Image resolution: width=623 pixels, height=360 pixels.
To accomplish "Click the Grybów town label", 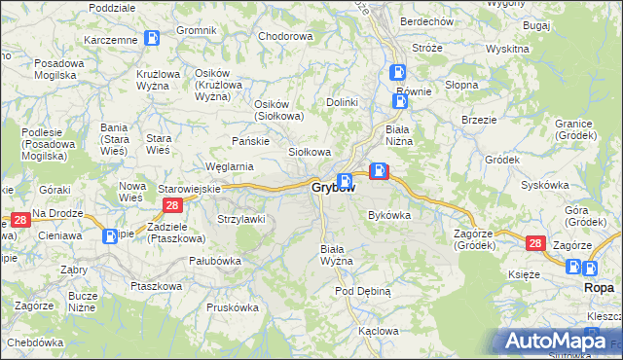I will point(326,187).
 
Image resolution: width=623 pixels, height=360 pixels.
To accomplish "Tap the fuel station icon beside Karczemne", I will point(152,38).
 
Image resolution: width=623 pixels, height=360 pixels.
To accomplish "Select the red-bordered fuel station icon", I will point(379,173).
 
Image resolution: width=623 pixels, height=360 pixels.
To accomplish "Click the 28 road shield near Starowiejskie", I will point(172,204).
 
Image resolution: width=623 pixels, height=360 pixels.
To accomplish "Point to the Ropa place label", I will point(597,288).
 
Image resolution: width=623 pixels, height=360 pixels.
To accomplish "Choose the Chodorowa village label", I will point(285,36).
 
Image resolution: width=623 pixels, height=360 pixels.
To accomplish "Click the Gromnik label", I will point(197,30).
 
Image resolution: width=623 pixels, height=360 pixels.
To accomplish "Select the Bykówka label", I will point(389,215).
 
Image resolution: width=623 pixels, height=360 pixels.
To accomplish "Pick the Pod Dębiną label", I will point(362,291).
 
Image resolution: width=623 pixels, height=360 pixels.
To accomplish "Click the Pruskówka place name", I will point(232,306).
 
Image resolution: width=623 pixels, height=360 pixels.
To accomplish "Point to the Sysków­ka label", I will point(544,184).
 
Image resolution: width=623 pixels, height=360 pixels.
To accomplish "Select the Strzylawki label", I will point(240,219).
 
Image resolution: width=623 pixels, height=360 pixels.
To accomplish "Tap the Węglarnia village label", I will point(229,166).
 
